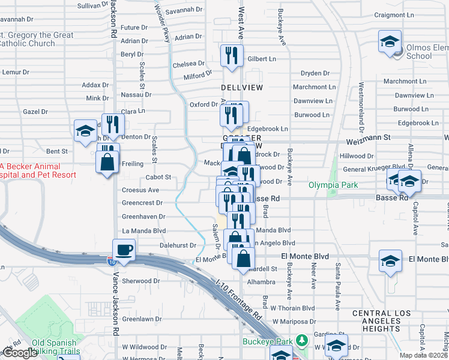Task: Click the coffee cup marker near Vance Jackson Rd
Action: point(124,250)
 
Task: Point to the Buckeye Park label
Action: point(267,342)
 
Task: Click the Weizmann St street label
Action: point(369,142)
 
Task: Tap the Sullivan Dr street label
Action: point(93,5)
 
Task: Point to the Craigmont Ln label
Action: point(412,15)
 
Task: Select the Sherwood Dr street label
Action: point(140,281)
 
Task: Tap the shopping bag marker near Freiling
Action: point(107,162)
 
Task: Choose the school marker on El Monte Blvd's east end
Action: point(390,262)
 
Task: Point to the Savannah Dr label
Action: point(184,10)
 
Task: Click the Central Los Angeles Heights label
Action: point(384,321)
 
